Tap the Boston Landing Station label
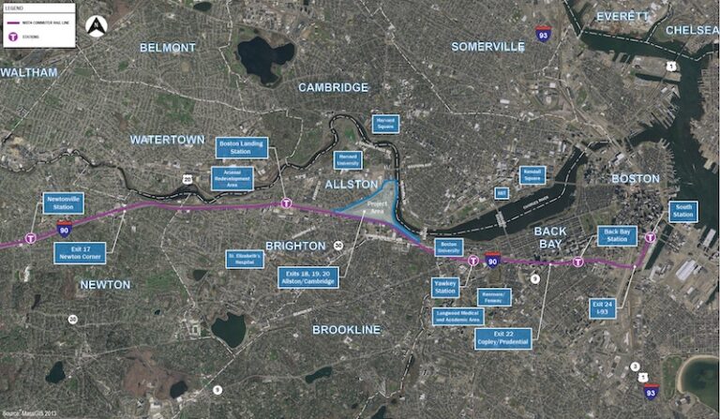tap(242, 147)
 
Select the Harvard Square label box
tap(384, 124)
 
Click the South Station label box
tap(683, 211)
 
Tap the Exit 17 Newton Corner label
tap(81, 252)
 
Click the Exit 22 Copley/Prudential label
tap(503, 337)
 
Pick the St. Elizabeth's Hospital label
tap(244, 258)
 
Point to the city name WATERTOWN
tap(167, 140)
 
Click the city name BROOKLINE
tap(346, 329)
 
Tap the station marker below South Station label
tap(650, 238)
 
